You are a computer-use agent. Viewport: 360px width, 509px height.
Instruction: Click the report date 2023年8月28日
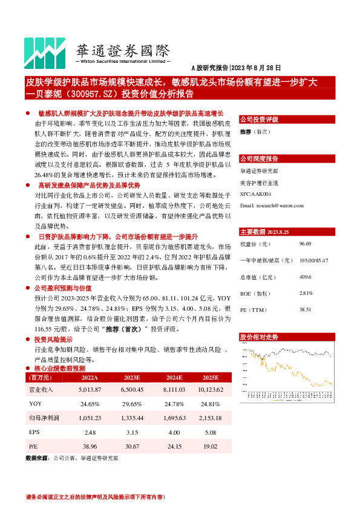click(x=257, y=69)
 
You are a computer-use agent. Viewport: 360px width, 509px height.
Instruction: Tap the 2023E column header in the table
click(x=131, y=377)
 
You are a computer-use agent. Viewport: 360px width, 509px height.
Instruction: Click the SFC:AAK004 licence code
click(x=256, y=194)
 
